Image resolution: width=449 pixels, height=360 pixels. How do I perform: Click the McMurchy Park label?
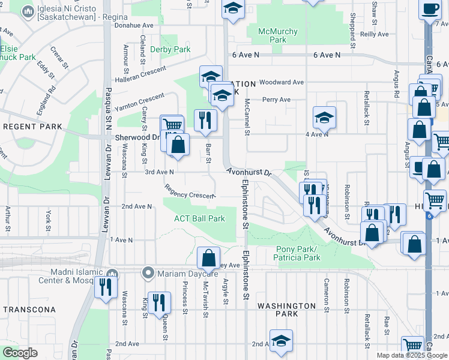click(x=277, y=35)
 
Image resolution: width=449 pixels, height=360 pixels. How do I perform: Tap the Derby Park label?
click(x=170, y=49)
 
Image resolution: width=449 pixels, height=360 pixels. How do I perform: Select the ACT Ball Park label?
click(x=199, y=218)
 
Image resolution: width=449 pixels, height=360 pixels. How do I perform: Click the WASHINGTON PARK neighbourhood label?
click(x=286, y=310)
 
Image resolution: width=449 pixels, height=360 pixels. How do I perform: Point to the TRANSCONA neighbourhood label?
click(x=29, y=310)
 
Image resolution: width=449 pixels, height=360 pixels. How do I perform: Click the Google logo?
click(x=20, y=353)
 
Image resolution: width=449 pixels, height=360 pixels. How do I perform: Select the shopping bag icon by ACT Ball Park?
click(x=208, y=259)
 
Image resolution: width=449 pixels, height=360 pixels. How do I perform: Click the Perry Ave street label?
click(x=276, y=100)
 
